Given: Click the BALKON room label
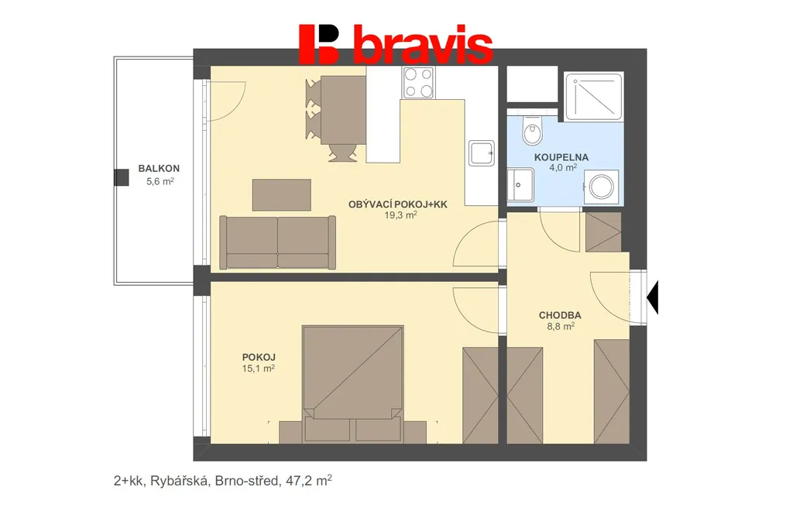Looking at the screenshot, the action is (159, 169).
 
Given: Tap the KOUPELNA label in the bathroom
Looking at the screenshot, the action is (561, 157).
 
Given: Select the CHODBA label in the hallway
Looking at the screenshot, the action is (560, 315).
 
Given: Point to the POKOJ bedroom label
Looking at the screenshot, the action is (259, 357).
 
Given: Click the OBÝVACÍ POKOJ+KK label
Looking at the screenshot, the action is (398, 204).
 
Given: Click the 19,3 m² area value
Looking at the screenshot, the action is (400, 215).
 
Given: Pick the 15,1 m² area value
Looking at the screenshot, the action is (259, 369).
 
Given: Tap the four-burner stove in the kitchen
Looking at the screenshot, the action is (418, 82).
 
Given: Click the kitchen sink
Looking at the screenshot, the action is (482, 153).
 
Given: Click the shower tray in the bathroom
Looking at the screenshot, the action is (594, 97).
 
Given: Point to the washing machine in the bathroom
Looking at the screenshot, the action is (601, 187).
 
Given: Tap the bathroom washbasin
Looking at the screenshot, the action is (520, 184).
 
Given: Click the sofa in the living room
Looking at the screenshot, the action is (278, 242).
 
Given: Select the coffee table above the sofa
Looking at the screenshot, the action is (282, 194).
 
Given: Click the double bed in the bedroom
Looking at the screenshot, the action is (353, 384).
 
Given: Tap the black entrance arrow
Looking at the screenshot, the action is (652, 298).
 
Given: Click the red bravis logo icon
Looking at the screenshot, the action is (318, 44).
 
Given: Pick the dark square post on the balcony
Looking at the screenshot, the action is (122, 177).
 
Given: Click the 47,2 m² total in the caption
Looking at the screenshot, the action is (309, 480).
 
